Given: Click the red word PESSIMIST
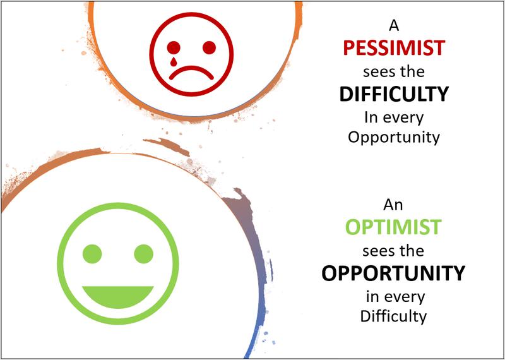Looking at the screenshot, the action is tap(394, 48).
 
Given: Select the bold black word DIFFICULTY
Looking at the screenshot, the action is tap(394, 95).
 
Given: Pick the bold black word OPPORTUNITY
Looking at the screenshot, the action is tap(393, 273).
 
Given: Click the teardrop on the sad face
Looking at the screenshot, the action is tap(174, 61).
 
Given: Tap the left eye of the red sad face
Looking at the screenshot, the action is tap(174, 48).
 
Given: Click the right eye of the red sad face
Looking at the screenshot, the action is tap(209, 48).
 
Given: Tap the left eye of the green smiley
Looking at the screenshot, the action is tap(92, 254).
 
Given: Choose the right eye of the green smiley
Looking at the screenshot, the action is tap(144, 254).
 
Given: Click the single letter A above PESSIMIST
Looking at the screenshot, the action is tap(394, 25).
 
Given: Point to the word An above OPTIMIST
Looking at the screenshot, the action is tap(393, 205).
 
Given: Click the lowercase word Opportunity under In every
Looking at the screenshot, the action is tap(394, 138).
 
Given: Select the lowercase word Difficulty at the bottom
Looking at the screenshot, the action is tap(393, 316).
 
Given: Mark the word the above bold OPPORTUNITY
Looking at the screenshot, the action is tap(412, 251).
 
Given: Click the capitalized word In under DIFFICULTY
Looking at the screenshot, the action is tap(371, 118).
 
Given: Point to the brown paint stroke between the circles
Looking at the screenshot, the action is tap(166, 146).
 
